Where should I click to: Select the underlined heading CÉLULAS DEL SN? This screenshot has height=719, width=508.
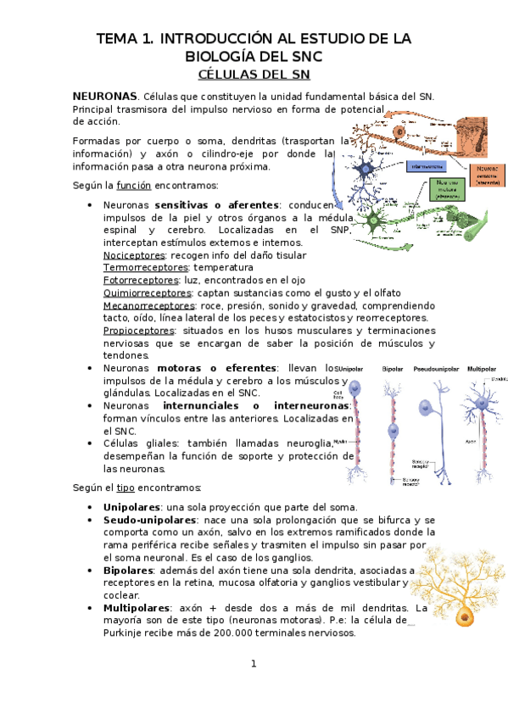pyautogui.click(x=254, y=75)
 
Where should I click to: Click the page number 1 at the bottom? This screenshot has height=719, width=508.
pyautogui.click(x=253, y=663)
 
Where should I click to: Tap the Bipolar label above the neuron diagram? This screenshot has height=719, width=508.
pyautogui.click(x=393, y=370)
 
